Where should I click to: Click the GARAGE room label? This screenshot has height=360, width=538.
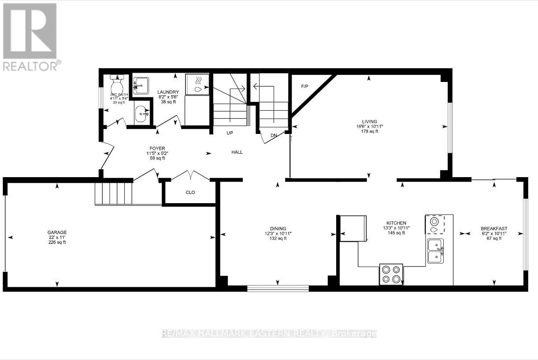[x=57, y=232]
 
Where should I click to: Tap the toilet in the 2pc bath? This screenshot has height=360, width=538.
[x=117, y=84]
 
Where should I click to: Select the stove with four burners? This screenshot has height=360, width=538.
[x=391, y=274]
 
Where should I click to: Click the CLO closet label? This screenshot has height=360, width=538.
[x=190, y=193]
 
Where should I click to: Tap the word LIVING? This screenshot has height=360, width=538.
[x=369, y=122]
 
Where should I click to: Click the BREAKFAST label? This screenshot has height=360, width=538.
[x=490, y=229]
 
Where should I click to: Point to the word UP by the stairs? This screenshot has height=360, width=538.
[x=230, y=133]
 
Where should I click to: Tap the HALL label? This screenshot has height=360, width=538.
[x=237, y=152]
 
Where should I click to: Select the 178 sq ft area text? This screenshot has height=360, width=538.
[x=369, y=131]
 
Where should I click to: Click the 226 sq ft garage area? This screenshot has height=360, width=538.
[x=57, y=242]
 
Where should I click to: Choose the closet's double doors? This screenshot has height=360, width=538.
[x=190, y=175]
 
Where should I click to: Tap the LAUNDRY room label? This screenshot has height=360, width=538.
[x=168, y=92]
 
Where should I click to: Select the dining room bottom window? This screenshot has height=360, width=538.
[x=278, y=288]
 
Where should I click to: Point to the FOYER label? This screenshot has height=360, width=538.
[x=156, y=148]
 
